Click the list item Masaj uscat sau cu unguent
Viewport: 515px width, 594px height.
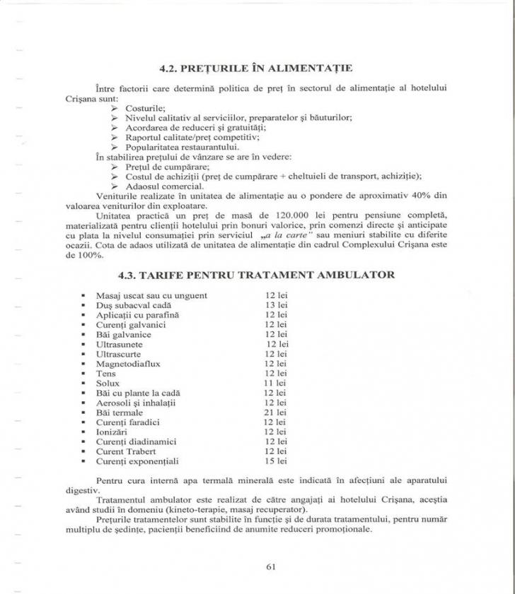click(141, 295)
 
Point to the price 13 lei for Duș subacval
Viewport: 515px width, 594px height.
click(276, 304)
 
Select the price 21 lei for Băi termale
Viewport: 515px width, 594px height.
click(275, 412)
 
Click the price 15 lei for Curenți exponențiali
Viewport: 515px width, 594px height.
click(276, 461)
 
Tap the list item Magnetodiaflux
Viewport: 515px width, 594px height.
click(128, 364)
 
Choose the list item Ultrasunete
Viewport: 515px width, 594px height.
click(119, 344)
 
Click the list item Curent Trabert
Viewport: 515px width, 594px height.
click(126, 451)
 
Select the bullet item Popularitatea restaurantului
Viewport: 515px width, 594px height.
click(182, 147)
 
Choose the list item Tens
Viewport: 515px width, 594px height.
click(106, 374)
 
